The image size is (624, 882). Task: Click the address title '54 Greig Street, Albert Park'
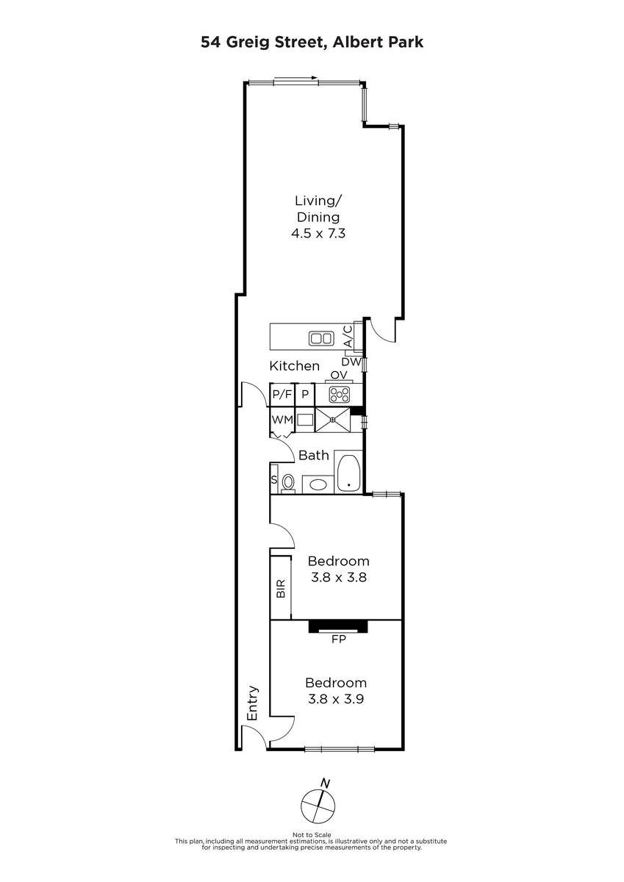pos(312,42)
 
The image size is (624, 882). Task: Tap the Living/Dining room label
pos(318,209)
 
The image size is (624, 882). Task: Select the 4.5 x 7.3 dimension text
pos(318,234)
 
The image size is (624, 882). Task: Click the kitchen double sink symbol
pos(321,338)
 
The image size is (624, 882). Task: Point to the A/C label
pos(348,337)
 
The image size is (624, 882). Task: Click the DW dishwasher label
pos(351,362)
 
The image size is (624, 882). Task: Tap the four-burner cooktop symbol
pos(340,395)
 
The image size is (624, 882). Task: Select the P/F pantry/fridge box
pos(282,394)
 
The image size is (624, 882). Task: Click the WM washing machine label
pos(282,420)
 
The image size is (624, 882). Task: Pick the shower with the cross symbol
pos(333,420)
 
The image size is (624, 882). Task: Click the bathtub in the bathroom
pos(348,473)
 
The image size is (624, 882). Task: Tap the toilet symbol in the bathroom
pos(288,483)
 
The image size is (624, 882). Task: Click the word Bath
pos(314,455)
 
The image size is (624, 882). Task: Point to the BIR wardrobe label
pos(281,589)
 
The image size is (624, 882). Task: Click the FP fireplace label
pos(338,639)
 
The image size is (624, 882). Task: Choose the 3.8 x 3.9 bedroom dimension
pos(336,699)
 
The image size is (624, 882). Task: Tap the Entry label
pos(252,703)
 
